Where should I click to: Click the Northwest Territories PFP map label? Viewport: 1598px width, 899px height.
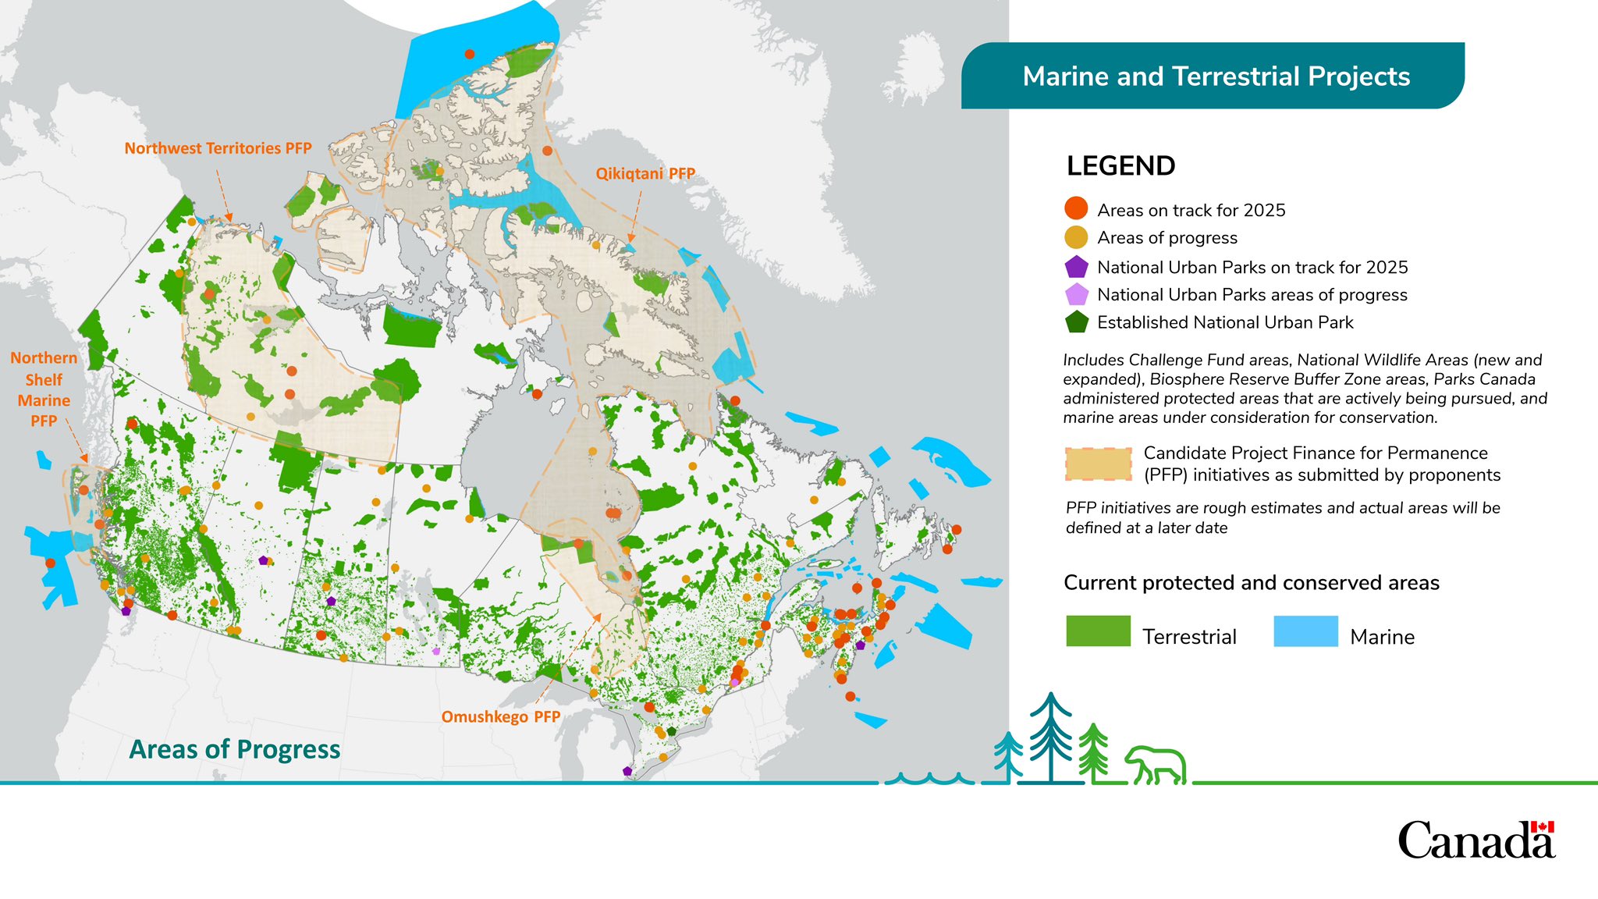[x=218, y=148]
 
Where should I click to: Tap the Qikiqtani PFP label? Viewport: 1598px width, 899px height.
[x=645, y=173]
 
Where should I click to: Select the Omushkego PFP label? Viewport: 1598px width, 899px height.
[x=500, y=716]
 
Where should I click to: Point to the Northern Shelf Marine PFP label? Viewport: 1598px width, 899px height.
[x=44, y=389]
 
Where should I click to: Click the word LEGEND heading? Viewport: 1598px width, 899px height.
[x=1120, y=166]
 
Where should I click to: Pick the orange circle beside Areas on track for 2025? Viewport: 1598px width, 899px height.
[x=1076, y=208]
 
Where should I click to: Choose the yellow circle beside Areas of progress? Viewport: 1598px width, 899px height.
[x=1076, y=237]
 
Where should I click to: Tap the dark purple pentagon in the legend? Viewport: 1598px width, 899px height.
[x=1076, y=267]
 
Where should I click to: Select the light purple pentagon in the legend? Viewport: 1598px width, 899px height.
[x=1076, y=295]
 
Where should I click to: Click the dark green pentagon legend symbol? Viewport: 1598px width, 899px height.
[x=1076, y=322]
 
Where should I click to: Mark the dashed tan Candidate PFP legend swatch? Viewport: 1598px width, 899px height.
[x=1098, y=464]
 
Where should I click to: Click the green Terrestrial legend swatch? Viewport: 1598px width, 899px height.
[x=1098, y=631]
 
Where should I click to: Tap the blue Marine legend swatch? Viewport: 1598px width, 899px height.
[x=1305, y=631]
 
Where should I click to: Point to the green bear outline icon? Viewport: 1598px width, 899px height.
[x=1156, y=766]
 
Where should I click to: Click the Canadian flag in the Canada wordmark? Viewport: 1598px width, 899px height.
[x=1543, y=827]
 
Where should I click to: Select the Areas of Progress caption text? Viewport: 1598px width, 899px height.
[x=234, y=749]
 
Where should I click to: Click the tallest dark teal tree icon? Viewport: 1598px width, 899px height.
[x=1050, y=737]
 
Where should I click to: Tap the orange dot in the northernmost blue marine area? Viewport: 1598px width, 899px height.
[x=469, y=54]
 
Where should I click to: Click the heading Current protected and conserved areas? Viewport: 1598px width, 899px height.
[x=1251, y=583]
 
